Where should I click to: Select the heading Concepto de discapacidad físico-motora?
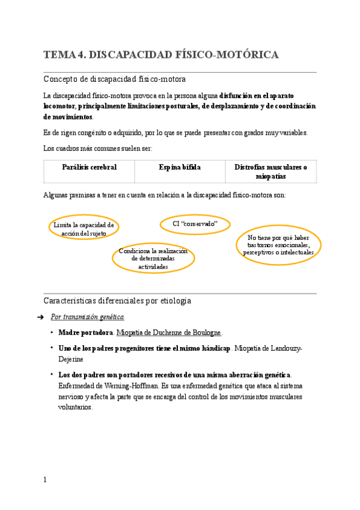point(114,79)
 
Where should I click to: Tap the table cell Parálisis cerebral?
point(89,167)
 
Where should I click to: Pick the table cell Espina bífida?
point(180,167)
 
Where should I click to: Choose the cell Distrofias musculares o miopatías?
point(270,171)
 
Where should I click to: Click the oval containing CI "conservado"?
point(195,224)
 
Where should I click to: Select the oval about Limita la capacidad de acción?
point(84,229)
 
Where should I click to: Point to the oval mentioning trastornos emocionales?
point(278,245)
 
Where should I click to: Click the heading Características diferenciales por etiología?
point(117,300)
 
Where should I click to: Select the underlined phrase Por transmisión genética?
point(88,317)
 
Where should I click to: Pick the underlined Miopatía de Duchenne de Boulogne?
point(169,332)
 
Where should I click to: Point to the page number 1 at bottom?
point(45,479)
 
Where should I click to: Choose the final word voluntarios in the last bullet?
point(75,407)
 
